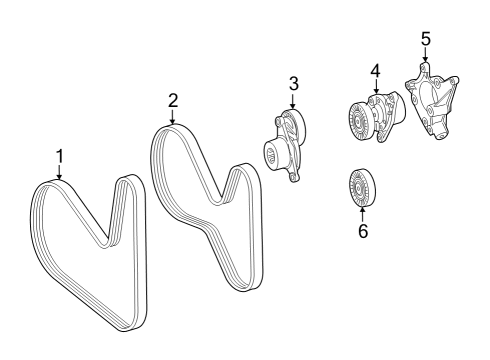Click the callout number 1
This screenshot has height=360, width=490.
(x=60, y=157)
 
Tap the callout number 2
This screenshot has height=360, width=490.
(x=173, y=101)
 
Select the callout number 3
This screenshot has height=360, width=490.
(x=294, y=84)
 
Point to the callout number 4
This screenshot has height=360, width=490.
(x=375, y=71)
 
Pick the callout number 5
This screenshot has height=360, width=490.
(x=426, y=39)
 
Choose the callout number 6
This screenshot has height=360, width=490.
(x=363, y=231)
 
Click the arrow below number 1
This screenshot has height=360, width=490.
(x=60, y=173)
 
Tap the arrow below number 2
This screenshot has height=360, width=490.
(x=173, y=117)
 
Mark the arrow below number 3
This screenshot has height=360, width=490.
(x=293, y=101)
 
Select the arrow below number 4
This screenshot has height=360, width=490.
(x=376, y=86)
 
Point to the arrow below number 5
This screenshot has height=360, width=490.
(x=425, y=54)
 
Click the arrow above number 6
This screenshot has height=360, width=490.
(x=362, y=214)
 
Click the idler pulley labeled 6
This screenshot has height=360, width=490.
(x=362, y=189)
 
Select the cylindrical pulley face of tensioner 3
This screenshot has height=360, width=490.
(x=271, y=154)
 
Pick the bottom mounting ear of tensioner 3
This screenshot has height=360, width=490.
(x=293, y=177)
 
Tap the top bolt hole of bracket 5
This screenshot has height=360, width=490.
(x=423, y=67)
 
